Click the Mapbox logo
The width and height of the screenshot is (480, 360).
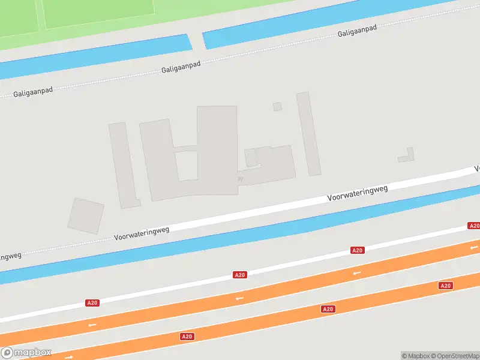coord(26,352)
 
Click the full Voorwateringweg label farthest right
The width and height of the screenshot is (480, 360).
coord(358,193)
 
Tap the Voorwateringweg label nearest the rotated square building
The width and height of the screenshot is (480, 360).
coord(142,233)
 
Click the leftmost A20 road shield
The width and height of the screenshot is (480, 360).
coord(92,303)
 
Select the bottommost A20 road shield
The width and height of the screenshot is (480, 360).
coord(187,337)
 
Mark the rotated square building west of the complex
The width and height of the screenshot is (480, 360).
coord(86,215)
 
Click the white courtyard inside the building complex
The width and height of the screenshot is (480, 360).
coord(186,165)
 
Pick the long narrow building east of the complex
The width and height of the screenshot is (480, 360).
coord(308,133)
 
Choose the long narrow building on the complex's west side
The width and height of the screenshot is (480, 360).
coord(125,165)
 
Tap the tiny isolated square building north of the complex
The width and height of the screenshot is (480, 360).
coord(277,107)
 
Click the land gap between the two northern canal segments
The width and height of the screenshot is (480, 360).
coord(197,41)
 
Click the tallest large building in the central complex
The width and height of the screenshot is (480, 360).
coord(217,144)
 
